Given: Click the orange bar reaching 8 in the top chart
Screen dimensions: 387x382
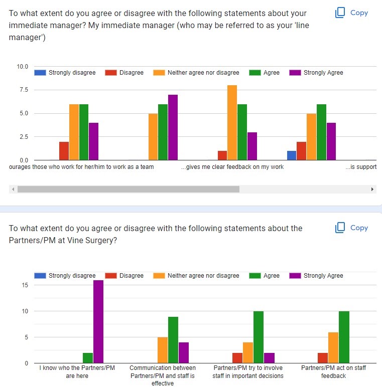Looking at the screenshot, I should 232,123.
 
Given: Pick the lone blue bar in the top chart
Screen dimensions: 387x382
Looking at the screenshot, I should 292,155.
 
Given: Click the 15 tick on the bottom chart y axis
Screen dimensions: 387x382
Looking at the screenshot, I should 25,285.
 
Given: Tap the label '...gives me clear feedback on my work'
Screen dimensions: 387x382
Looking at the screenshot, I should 232,167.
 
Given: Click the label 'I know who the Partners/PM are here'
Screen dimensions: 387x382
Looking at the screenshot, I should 77,372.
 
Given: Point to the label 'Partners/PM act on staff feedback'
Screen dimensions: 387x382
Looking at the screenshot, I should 333,372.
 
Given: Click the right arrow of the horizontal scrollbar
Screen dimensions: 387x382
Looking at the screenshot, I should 372,189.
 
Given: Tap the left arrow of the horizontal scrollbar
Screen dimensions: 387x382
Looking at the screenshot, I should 13,189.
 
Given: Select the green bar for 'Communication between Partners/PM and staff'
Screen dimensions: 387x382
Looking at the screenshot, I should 173,340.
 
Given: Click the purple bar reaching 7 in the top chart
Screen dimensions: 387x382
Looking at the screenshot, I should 173,127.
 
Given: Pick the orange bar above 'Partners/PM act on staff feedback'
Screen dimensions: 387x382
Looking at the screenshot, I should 333,347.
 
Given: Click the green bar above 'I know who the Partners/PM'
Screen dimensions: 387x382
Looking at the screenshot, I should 88,358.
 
